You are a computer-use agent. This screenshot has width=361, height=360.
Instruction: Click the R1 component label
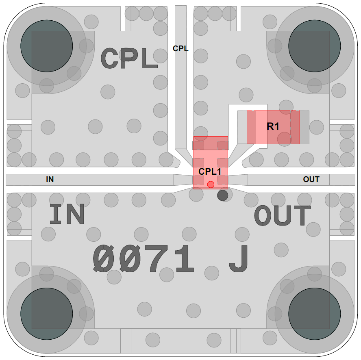[x=273, y=126]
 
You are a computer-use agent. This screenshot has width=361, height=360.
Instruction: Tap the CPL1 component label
[x=210, y=171]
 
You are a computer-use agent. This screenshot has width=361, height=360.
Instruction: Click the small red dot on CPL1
[x=211, y=184]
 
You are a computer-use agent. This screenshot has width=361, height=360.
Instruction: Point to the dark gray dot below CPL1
[x=223, y=195]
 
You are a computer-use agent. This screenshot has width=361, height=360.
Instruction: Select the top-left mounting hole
[x=46, y=46]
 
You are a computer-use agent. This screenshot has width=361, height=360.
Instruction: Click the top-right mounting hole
[x=315, y=46]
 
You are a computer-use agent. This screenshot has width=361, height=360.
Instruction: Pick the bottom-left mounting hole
[x=46, y=314]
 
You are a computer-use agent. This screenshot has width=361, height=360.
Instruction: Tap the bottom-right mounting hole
[x=315, y=314]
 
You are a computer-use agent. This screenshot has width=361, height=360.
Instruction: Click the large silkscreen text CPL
[x=129, y=58]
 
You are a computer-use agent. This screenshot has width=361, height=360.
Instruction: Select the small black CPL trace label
[x=181, y=49]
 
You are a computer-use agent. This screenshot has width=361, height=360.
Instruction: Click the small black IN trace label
[x=50, y=179]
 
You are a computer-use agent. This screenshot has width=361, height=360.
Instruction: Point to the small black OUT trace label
[x=311, y=179]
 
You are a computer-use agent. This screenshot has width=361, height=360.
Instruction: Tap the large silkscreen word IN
[x=67, y=214]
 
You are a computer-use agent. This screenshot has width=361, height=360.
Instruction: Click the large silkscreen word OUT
[x=283, y=215]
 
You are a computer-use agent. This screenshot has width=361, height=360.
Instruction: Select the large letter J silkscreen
[x=239, y=258]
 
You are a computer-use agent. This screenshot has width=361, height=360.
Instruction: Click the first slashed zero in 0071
[x=104, y=258]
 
